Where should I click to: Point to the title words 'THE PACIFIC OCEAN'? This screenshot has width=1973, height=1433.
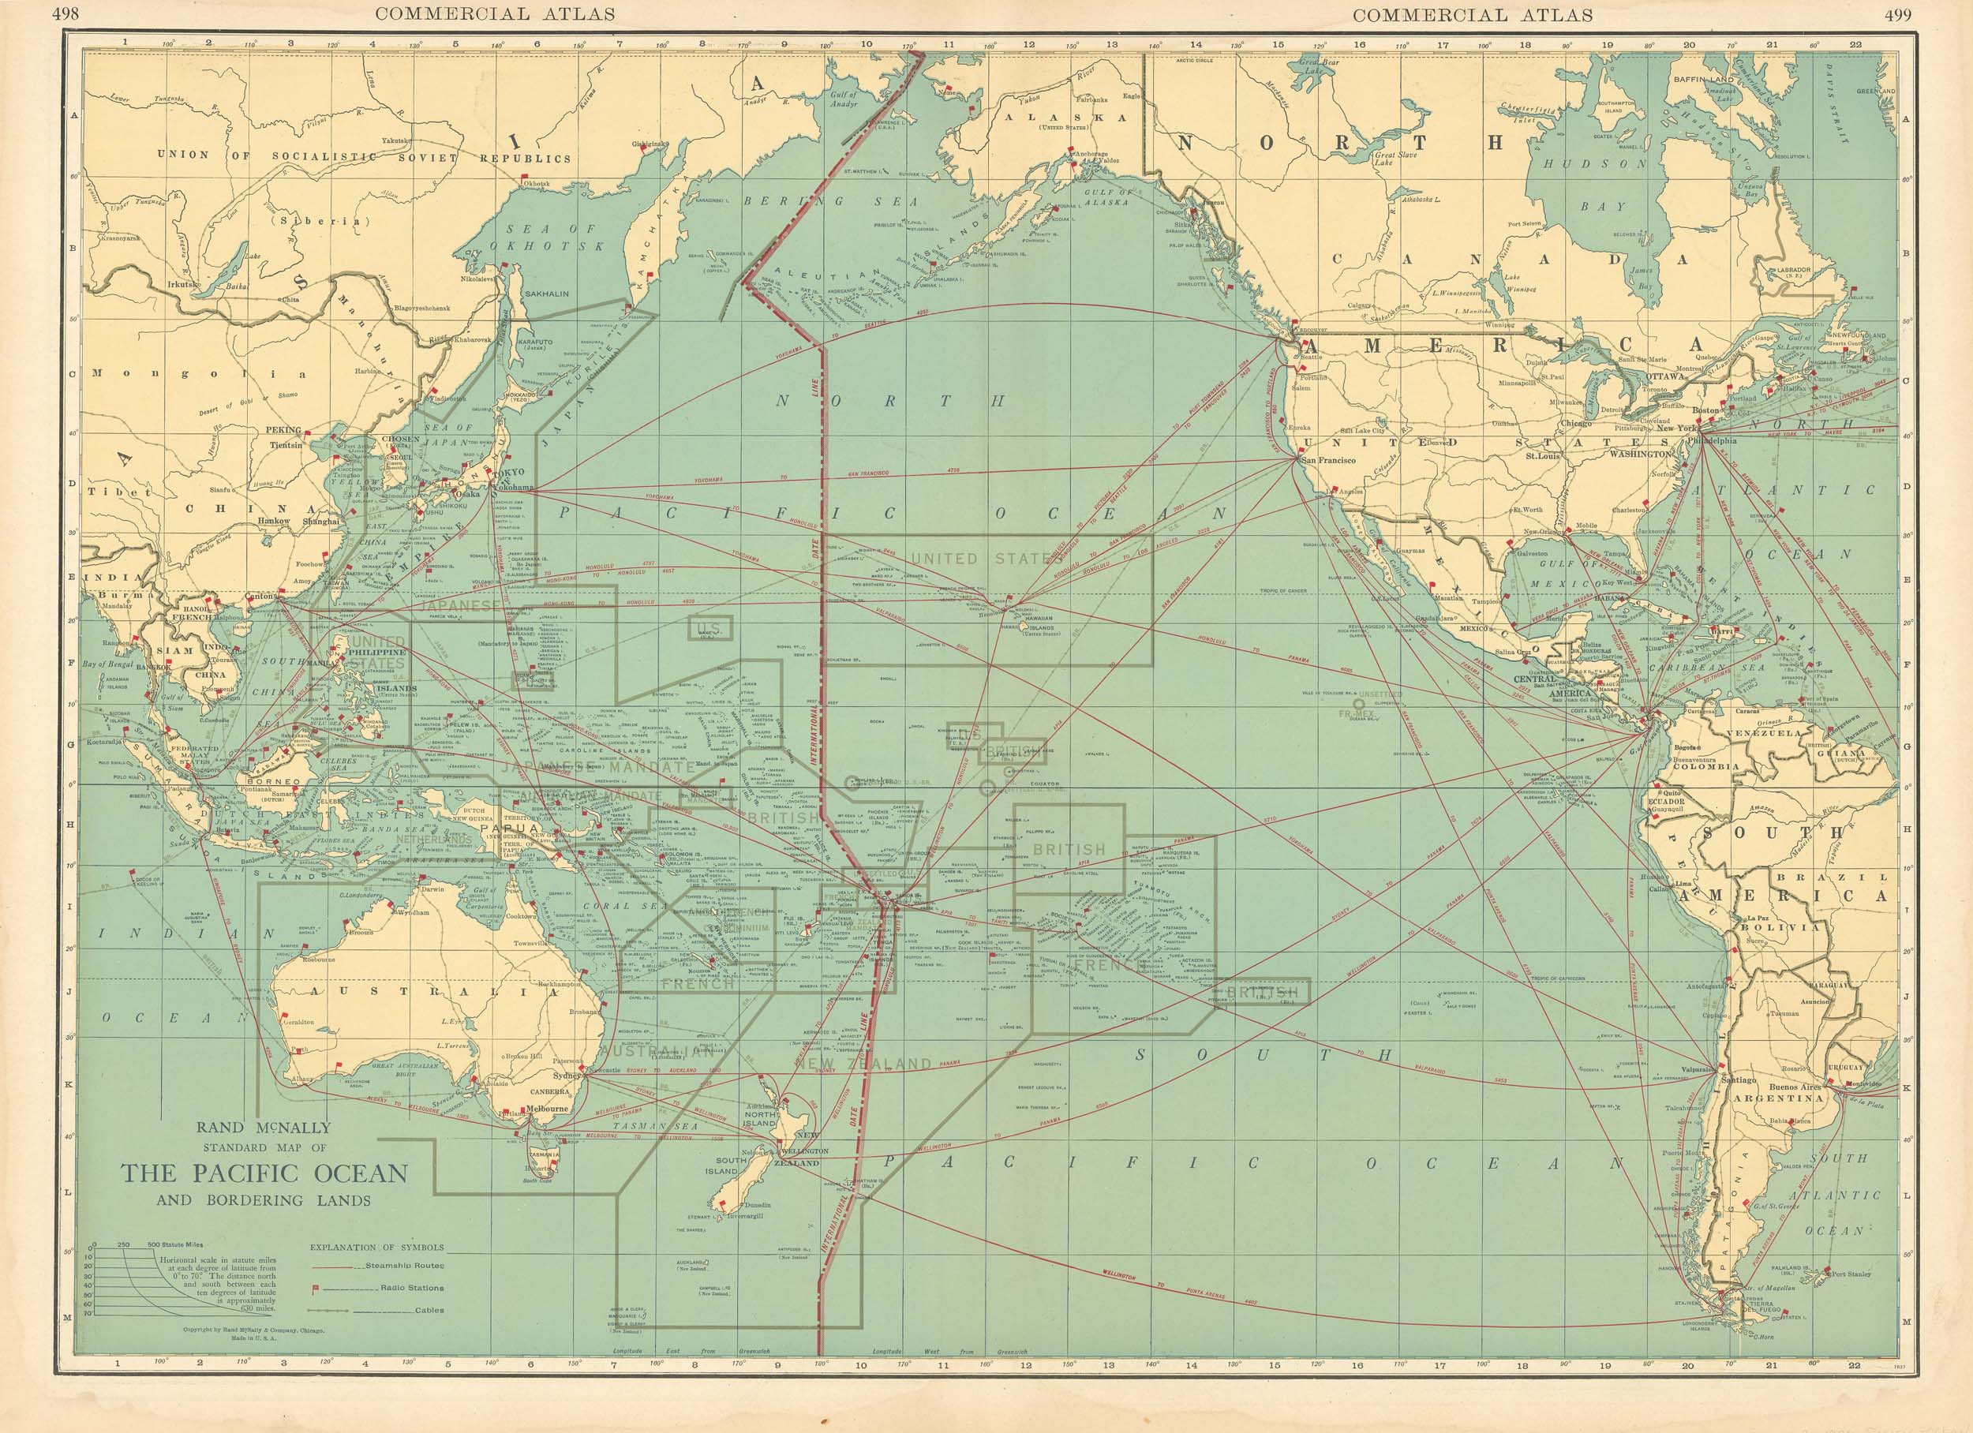264,1173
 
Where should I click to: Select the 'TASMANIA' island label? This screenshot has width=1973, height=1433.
541,1154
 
